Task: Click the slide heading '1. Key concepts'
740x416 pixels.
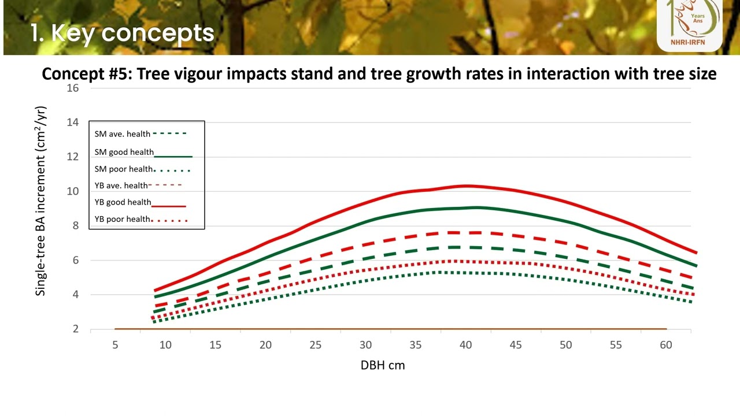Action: point(122,33)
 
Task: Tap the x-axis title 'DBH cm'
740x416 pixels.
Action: point(383,365)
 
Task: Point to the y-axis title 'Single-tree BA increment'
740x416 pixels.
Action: point(40,201)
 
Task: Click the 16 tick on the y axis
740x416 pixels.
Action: point(72,88)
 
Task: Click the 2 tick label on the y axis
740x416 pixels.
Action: point(75,329)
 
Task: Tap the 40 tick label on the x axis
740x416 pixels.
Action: point(466,345)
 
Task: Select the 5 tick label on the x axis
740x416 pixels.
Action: point(115,345)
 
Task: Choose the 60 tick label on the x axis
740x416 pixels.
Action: point(666,345)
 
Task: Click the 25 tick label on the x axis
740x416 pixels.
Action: point(316,345)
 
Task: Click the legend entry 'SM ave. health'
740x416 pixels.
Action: point(123,134)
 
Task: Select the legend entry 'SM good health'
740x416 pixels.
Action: point(124,153)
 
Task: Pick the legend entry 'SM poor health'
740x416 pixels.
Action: point(124,169)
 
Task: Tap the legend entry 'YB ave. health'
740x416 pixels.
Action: point(121,185)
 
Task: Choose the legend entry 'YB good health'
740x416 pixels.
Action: point(123,203)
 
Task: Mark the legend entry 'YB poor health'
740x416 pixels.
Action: point(123,219)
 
